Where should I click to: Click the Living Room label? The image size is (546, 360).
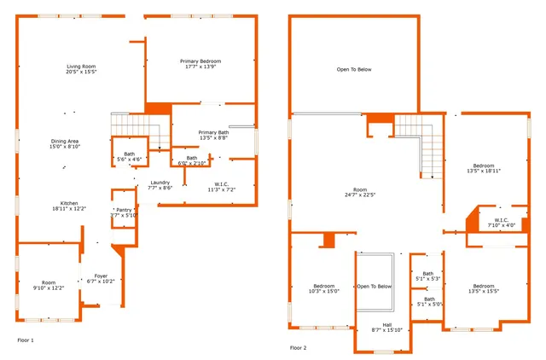coord(82,69)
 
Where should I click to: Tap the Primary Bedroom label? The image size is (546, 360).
coord(200,64)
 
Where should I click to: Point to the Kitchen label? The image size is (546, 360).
coord(67,205)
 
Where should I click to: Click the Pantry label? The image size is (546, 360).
coord(124,212)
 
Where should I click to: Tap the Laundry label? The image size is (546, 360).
coord(160,184)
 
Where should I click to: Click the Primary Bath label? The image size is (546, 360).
coord(213,135)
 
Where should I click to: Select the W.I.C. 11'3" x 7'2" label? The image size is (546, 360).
coord(220,186)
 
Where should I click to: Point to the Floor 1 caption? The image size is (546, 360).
coord(26,340)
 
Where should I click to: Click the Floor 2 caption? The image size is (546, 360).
coord(298,348)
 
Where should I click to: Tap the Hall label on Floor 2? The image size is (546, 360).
coord(386,327)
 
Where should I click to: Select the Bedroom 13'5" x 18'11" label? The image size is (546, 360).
coord(484,168)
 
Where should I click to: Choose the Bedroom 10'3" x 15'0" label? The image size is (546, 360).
coord(324,288)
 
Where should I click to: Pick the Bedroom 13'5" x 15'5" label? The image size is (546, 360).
coord(484,288)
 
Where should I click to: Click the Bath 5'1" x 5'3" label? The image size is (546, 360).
coord(427,276)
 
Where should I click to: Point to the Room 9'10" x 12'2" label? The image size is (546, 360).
coord(49,285)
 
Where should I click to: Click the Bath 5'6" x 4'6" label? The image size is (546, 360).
coord(129,156)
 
